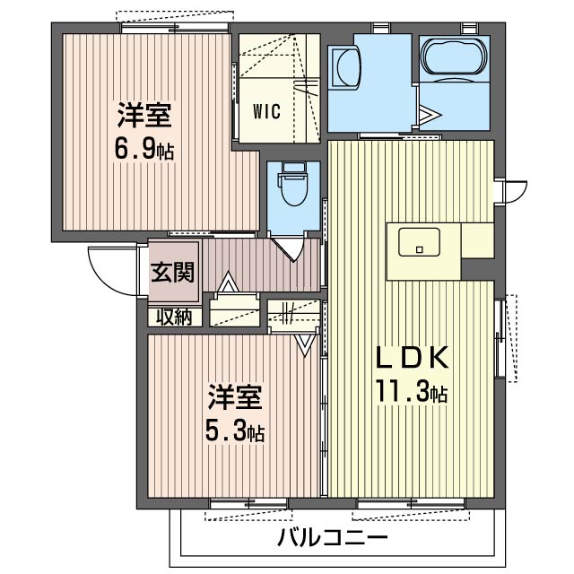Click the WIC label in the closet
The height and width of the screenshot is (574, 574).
(x=266, y=112)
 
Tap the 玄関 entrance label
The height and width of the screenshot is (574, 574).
(x=171, y=273)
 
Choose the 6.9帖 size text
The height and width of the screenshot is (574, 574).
(x=143, y=148)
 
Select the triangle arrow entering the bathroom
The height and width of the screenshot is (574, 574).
(x=429, y=116)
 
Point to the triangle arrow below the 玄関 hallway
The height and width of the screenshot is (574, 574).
(x=229, y=285)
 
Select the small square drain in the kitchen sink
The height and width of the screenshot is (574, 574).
(x=418, y=246)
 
